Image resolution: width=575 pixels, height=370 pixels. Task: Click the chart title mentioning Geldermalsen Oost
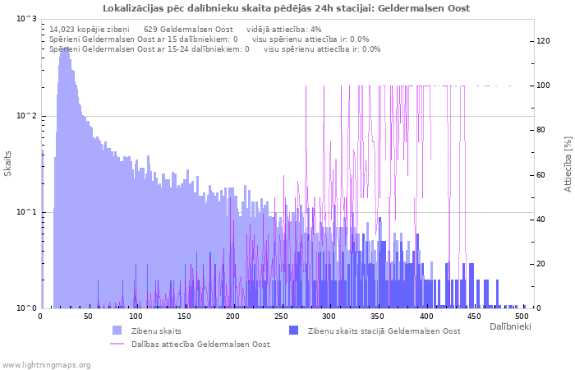coord(287,8)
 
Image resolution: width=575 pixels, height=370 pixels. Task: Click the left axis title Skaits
coord(8,163)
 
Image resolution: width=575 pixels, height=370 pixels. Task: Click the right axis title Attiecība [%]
coord(568,164)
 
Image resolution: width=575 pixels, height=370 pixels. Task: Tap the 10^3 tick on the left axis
coord(26,19)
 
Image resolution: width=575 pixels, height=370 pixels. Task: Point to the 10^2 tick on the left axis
coord(26,116)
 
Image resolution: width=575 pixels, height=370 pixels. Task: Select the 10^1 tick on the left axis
coord(26,212)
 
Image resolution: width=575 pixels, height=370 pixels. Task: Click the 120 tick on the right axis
coord(543,41)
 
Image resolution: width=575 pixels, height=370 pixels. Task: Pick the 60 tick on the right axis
coord(540,175)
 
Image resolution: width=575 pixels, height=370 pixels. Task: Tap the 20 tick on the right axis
coord(540,264)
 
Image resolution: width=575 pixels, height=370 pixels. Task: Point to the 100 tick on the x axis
coord(136,316)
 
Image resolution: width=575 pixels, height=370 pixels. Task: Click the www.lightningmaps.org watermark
coord(45,364)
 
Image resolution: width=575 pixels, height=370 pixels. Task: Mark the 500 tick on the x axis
coord(521,316)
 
